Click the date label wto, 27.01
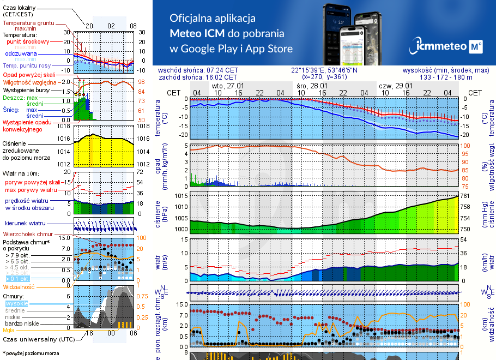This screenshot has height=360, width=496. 227,86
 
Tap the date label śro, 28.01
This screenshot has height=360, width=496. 311,86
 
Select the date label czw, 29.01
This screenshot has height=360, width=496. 395,86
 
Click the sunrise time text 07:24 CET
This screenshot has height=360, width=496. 222,70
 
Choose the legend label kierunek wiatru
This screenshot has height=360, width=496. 25,224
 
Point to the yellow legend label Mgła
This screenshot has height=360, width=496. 9,330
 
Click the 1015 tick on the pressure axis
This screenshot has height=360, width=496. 180,195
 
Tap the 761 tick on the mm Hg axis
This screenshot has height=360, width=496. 465,195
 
